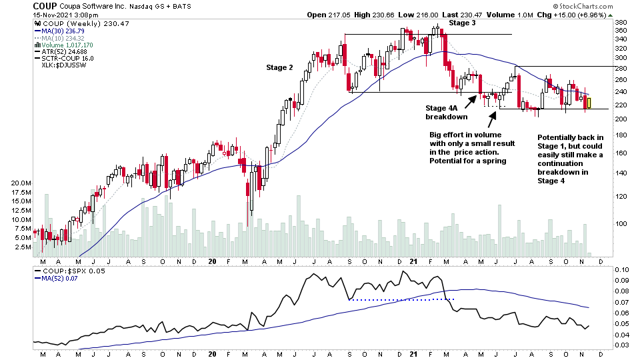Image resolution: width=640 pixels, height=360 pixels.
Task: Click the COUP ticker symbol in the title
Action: click(x=44, y=6)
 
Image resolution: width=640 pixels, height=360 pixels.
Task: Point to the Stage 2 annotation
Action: click(x=279, y=67)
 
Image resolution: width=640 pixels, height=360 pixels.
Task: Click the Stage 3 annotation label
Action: click(x=462, y=23)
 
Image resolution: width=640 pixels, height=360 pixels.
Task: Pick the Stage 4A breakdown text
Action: click(x=446, y=112)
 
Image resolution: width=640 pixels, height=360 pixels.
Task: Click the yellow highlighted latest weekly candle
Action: click(x=589, y=103)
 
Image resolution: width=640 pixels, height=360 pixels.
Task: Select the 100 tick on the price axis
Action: click(x=620, y=224)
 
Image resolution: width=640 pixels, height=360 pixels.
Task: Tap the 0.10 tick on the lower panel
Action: click(x=621, y=269)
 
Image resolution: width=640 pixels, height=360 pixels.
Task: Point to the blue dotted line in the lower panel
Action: click(x=400, y=299)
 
